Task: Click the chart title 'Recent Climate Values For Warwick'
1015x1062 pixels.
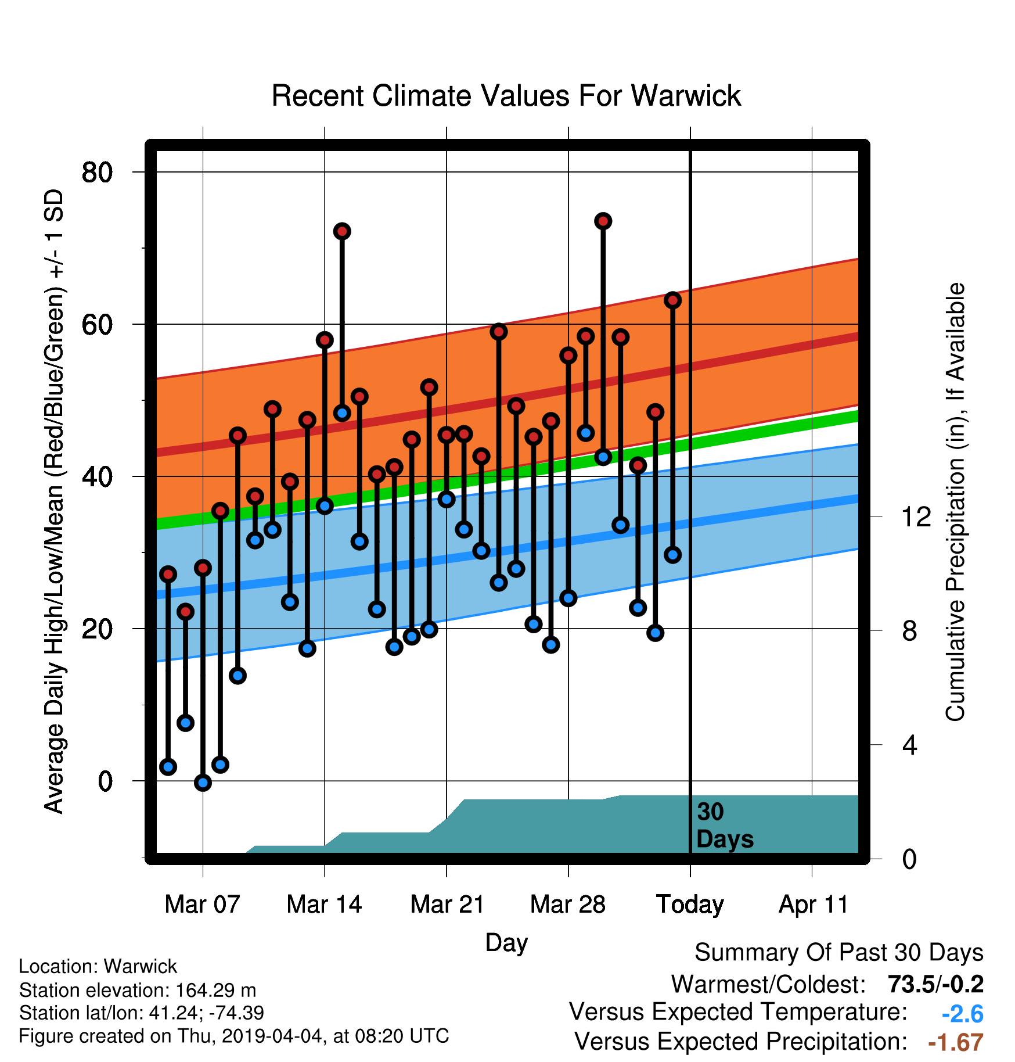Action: [x=506, y=96]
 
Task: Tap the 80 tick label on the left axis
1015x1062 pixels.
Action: [x=97, y=172]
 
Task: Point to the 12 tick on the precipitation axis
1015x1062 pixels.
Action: [x=916, y=516]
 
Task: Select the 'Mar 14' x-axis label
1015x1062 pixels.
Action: [x=324, y=905]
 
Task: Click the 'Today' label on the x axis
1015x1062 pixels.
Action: [x=690, y=905]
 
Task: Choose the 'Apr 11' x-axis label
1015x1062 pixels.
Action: [x=814, y=905]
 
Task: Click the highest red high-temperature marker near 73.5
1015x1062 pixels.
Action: [x=603, y=221]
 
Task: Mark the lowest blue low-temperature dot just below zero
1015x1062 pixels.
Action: [x=203, y=783]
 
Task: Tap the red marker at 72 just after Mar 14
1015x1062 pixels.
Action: [x=342, y=231]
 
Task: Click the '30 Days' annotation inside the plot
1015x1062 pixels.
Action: [x=725, y=826]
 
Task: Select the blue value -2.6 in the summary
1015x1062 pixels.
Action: [x=963, y=1014]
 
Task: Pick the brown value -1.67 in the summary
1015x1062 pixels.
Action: [x=956, y=1043]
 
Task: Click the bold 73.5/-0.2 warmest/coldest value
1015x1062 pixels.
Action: [x=936, y=984]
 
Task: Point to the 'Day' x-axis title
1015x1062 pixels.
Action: [x=506, y=943]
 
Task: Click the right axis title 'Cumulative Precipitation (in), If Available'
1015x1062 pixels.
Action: [x=955, y=502]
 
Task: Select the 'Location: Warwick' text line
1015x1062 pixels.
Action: [x=98, y=967]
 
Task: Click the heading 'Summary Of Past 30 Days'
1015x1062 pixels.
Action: [x=839, y=953]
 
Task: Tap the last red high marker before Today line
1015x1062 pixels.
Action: [x=673, y=300]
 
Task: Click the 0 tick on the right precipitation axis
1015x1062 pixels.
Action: [x=909, y=859]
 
